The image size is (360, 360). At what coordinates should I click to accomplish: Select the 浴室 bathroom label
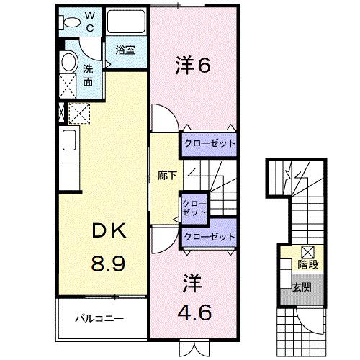(x=125, y=50)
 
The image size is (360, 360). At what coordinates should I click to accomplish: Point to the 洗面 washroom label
(x=88, y=75)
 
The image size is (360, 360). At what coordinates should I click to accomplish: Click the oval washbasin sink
(x=68, y=62)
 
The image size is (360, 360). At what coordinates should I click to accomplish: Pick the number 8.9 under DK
(x=107, y=262)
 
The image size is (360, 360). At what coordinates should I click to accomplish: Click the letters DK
(x=107, y=232)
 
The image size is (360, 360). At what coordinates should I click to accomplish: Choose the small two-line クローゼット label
(x=194, y=208)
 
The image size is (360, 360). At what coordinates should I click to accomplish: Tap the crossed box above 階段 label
(x=307, y=252)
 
